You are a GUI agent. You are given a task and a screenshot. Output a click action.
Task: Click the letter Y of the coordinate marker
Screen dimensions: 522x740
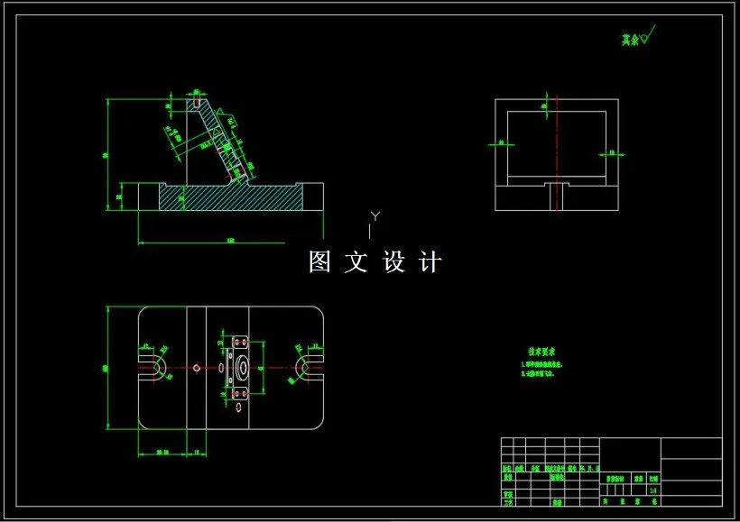coord(375,215)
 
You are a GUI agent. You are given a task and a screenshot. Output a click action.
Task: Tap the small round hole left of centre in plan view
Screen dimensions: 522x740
coord(197,367)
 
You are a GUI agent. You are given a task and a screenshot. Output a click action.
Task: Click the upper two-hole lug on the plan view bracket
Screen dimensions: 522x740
coord(239,343)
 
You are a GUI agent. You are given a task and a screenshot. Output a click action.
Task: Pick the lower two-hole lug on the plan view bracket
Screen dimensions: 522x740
coord(239,393)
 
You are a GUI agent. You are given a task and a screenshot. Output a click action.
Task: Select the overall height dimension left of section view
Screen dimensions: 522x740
coord(106,155)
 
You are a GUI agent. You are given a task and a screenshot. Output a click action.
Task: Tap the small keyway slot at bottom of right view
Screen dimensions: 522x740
coord(556,197)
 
